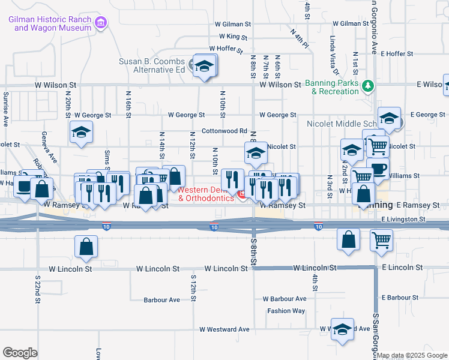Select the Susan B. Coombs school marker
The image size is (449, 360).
(x=204, y=66)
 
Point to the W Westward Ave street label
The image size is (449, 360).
(x=224, y=329)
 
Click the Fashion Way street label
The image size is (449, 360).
(x=286, y=311)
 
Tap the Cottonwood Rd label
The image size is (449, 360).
(x=224, y=130)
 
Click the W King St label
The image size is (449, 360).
(x=231, y=37)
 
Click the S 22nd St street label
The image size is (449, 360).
(x=37, y=290)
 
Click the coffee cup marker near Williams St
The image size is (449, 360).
(x=378, y=169)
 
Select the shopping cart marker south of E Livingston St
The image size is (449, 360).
(x=382, y=240)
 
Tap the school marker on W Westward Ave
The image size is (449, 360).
(x=343, y=330)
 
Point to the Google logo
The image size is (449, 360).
(x=20, y=353)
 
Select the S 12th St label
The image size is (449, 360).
(x=193, y=289)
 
